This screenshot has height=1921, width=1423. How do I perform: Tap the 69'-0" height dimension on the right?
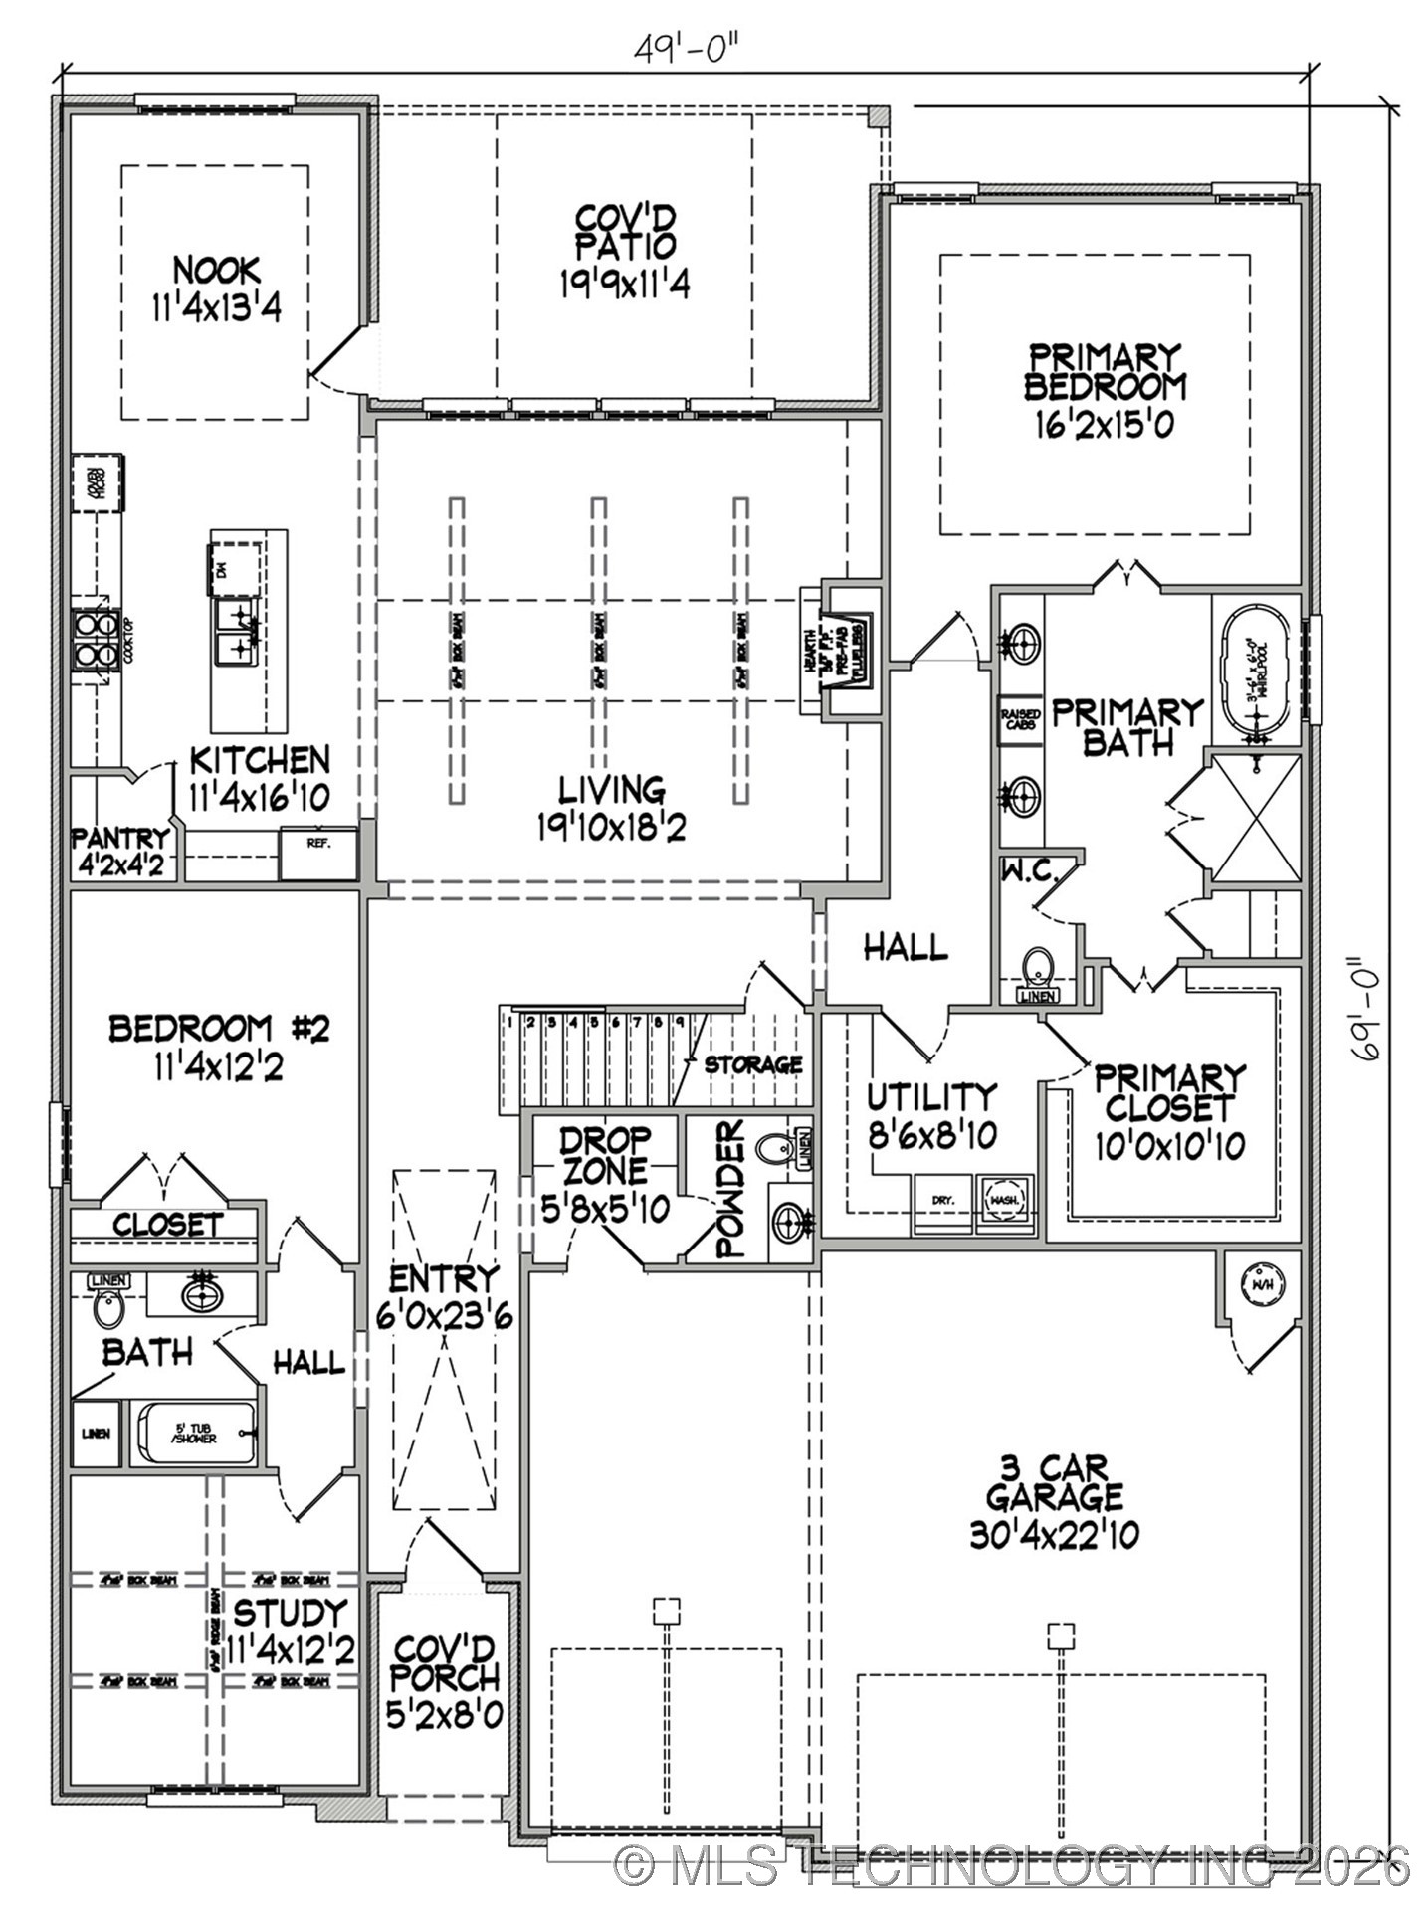click(x=1377, y=1011)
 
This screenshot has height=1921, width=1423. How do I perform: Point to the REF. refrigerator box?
click(x=317, y=853)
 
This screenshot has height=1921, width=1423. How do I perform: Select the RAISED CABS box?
click(x=1020, y=719)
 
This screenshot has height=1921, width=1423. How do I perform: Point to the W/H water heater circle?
click(x=1260, y=1284)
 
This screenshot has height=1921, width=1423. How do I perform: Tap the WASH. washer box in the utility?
click(x=1005, y=1202)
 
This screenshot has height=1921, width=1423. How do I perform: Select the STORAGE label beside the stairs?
click(x=753, y=1064)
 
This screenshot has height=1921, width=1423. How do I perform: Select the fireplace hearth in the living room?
click(x=813, y=651)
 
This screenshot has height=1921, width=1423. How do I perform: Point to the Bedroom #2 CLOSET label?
click(x=167, y=1225)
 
